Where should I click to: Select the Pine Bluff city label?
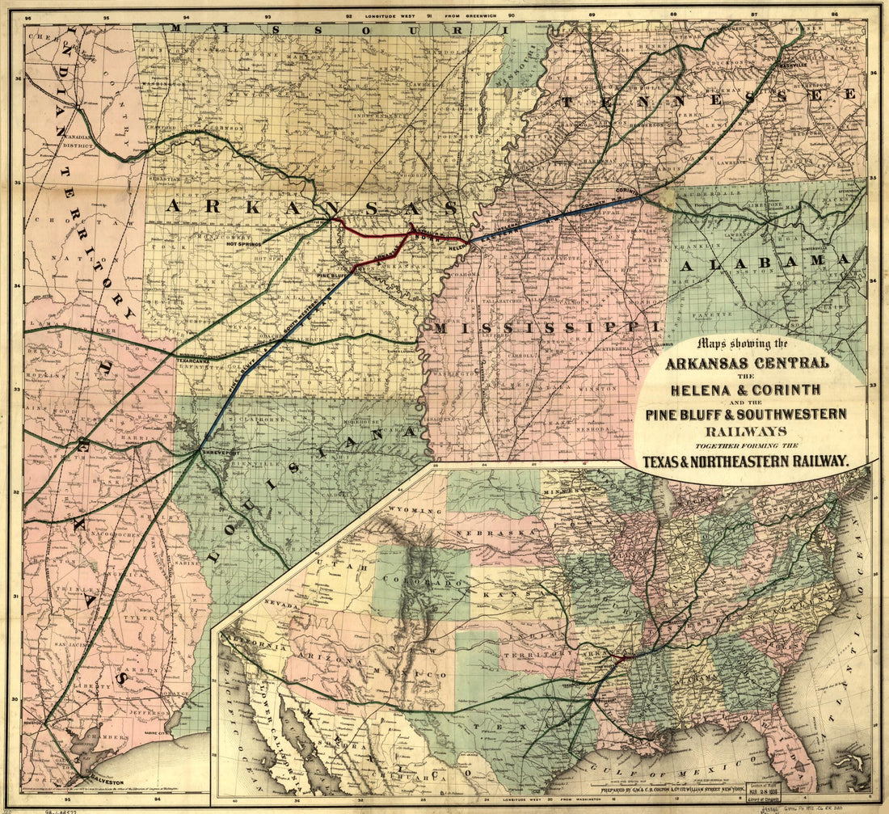[x=331, y=276]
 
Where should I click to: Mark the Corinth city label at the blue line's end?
[x=629, y=191]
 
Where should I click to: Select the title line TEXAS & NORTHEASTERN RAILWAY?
[x=745, y=462]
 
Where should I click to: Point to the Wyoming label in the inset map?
[x=414, y=510]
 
